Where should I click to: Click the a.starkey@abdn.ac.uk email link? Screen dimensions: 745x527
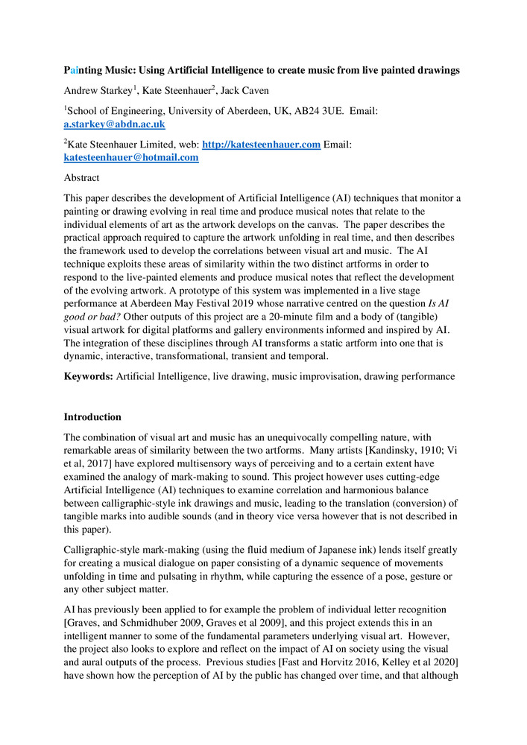tap(114, 124)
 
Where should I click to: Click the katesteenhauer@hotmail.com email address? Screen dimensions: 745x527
tap(131, 158)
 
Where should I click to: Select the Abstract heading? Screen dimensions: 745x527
tap(81, 178)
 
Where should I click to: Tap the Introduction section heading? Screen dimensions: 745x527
tap(92, 416)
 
